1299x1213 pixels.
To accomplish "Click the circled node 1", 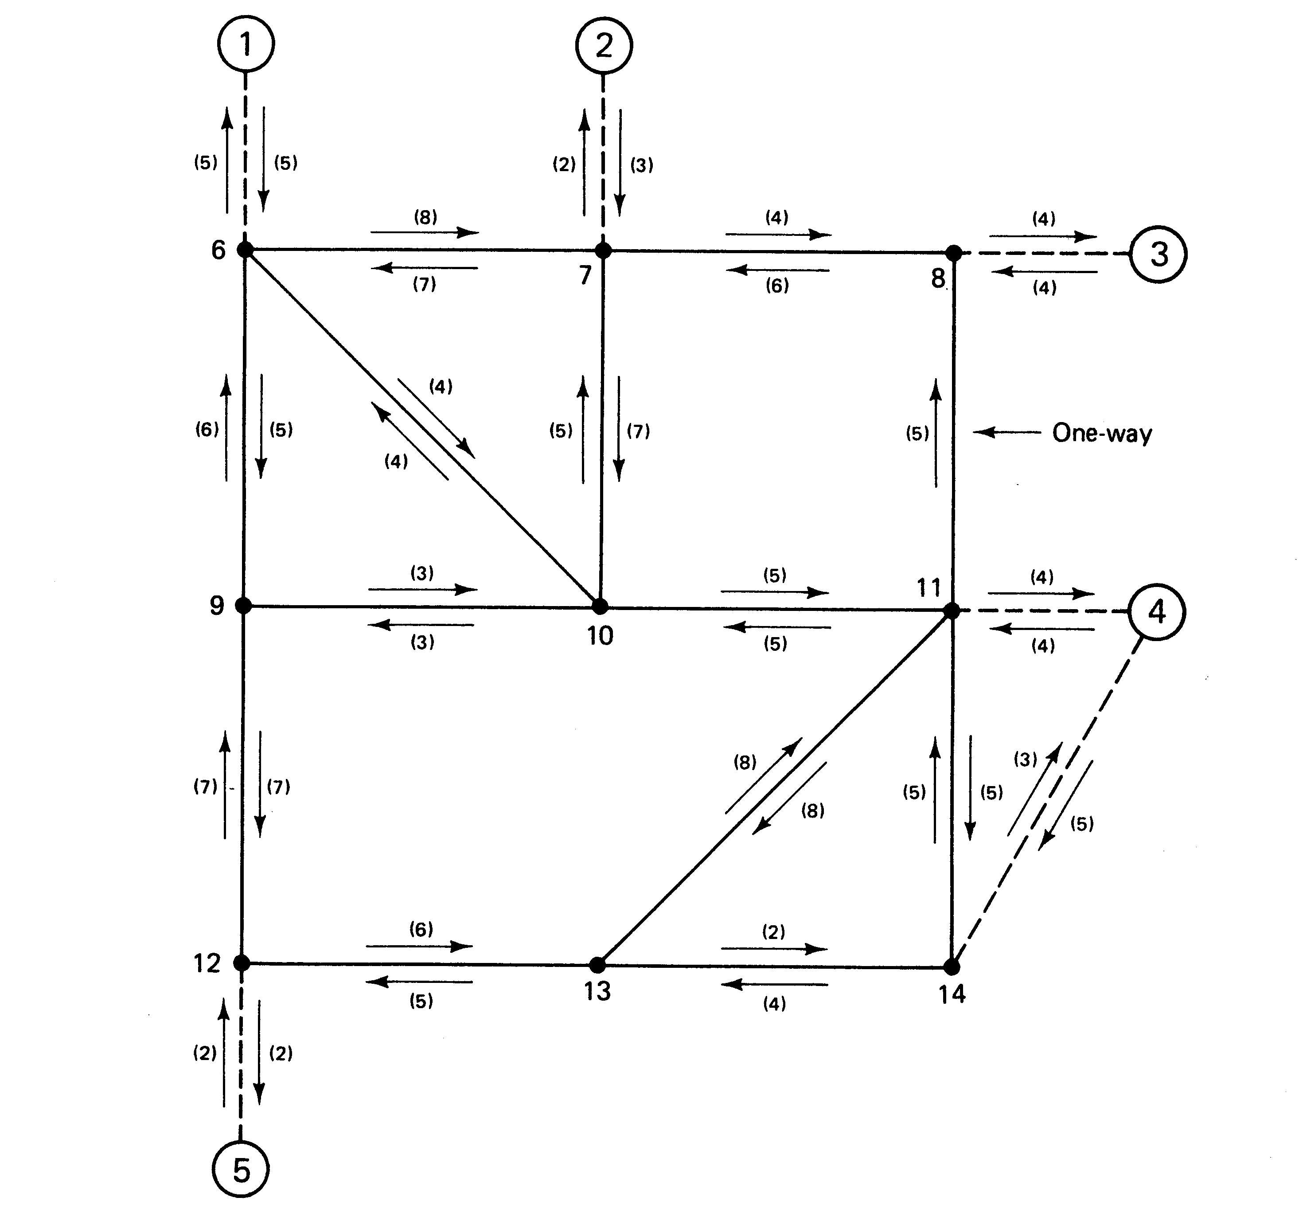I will pos(246,44).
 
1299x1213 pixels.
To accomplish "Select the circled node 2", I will pos(604,46).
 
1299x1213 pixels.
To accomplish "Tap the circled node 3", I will pos(1159,254).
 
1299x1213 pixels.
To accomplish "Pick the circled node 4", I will pos(1157,612).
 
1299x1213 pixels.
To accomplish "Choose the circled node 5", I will pos(241,1169).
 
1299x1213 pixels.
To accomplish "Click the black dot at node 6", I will pos(245,249).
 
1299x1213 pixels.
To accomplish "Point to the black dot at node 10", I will pos(600,606).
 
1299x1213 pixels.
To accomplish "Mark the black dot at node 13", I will pos(597,964).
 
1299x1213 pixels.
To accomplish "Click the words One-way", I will pos(1102,433).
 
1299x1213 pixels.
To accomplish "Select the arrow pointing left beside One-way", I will pos(1006,432).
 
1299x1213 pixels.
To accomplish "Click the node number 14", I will pos(952,994).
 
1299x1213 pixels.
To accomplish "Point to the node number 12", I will pos(207,963).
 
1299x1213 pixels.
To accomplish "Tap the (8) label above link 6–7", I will pos(425,217).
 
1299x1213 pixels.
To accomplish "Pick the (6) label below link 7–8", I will pos(777,286).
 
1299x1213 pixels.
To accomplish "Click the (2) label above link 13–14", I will pos(774,932).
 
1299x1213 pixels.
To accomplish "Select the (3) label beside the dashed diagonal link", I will pos(1025,759).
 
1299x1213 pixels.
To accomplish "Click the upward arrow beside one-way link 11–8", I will pos(936,433).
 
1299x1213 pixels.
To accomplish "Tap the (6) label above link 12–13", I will pos(421,929).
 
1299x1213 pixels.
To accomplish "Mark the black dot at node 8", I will pos(954,253).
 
